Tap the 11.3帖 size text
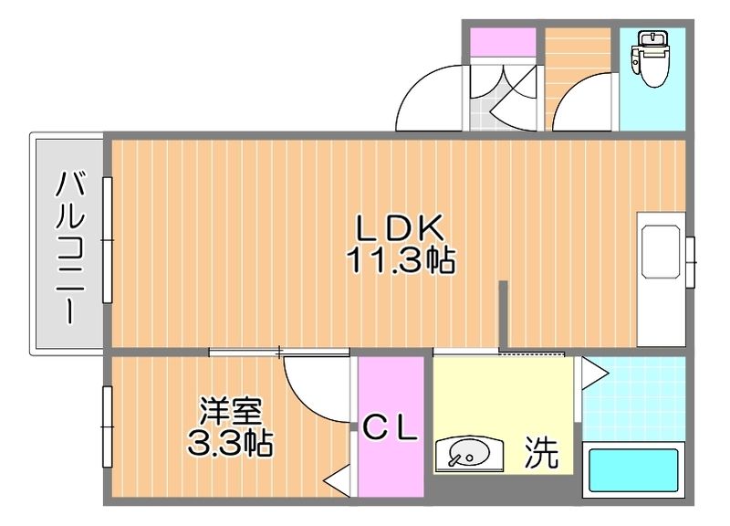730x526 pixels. tap(400, 262)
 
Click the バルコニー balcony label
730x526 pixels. tap(70, 247)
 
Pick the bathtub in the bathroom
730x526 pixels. tap(633, 471)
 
